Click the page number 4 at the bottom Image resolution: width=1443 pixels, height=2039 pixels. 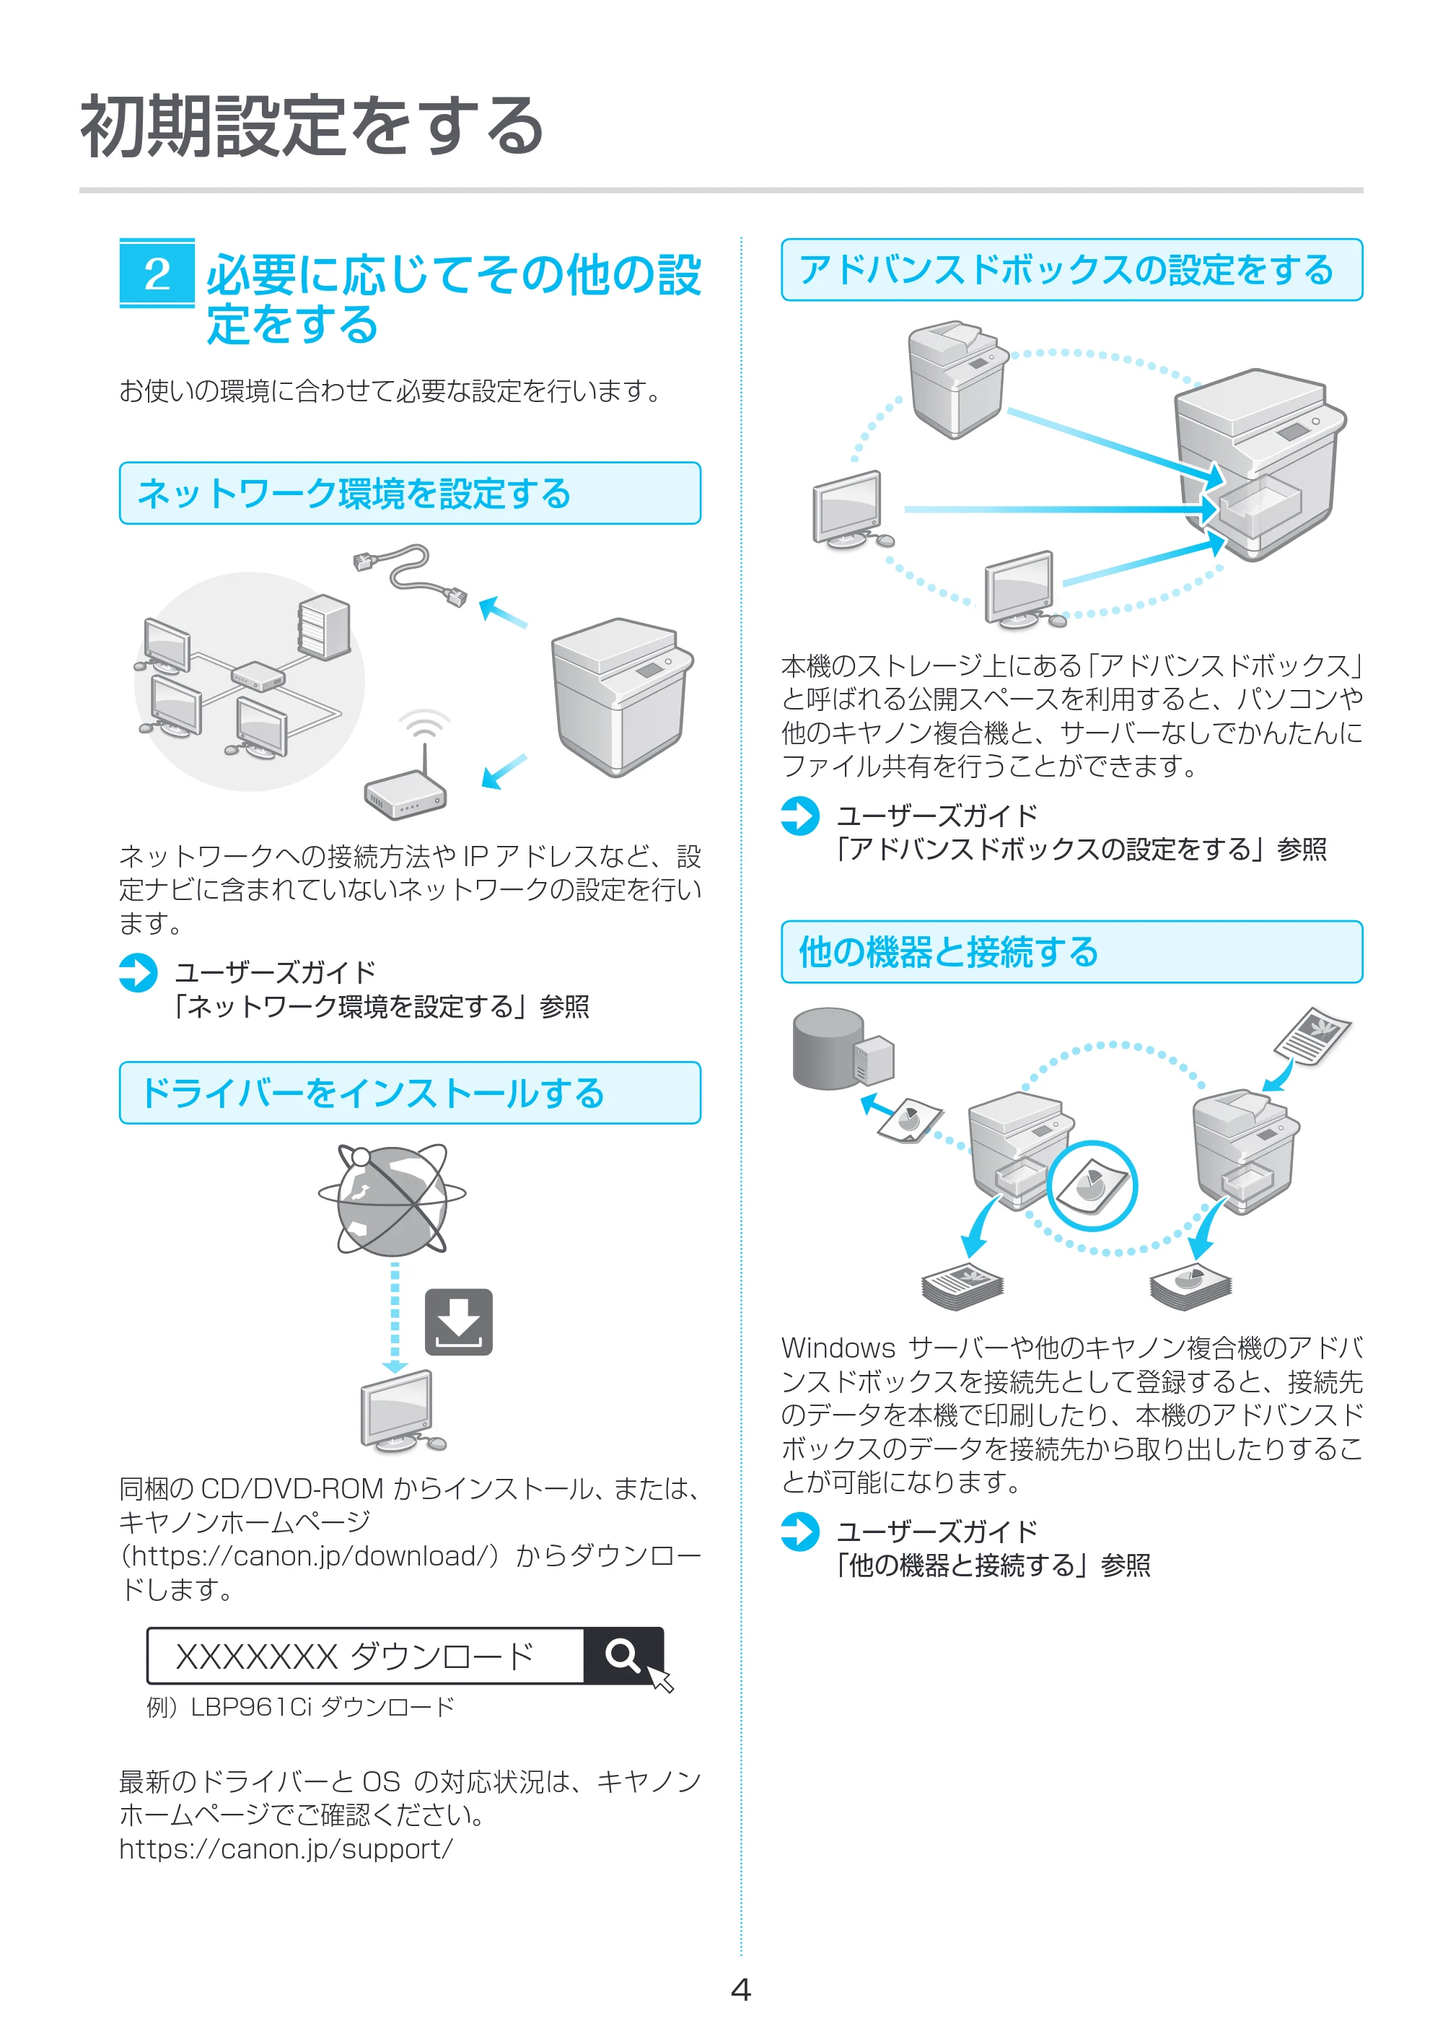click(740, 1989)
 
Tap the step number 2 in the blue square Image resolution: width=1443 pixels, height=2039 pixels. click(157, 274)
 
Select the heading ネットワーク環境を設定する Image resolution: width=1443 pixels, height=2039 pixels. click(354, 493)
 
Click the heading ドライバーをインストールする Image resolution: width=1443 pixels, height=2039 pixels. click(372, 1092)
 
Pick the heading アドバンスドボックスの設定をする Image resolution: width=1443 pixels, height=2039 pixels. click(1066, 270)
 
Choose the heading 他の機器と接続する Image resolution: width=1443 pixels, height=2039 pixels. click(948, 952)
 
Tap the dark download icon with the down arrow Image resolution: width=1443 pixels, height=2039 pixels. click(458, 1322)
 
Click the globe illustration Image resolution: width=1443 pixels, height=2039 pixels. click(392, 1200)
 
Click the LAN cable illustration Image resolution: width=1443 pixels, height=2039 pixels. click(410, 575)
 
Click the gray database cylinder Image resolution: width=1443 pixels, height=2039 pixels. click(828, 1048)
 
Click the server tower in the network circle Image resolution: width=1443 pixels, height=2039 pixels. click(323, 626)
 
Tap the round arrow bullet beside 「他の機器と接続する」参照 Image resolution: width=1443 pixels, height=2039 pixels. click(799, 1532)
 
